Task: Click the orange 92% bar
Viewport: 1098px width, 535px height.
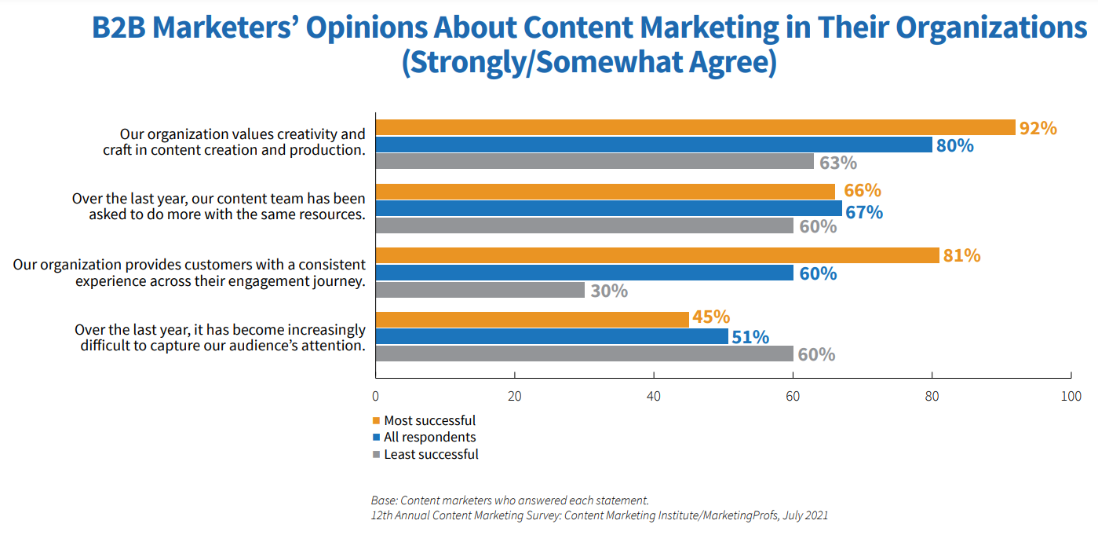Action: pos(695,128)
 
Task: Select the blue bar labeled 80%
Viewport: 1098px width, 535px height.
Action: pos(654,145)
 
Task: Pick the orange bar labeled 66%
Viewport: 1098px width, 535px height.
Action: pos(605,192)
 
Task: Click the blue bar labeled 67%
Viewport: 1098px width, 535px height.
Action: pos(608,209)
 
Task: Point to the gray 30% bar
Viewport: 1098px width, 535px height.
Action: pos(480,291)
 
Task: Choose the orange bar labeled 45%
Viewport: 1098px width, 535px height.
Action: pos(532,320)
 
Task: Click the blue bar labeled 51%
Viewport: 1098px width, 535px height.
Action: pos(553,337)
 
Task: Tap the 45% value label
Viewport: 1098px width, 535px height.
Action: pos(711,317)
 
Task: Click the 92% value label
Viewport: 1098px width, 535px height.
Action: pos(1038,128)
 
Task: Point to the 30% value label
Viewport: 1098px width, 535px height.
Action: pos(608,291)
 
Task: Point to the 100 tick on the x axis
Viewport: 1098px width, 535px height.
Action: pos(1071,397)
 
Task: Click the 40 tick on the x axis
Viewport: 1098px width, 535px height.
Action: pos(654,397)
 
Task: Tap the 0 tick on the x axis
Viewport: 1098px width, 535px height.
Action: pos(376,397)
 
